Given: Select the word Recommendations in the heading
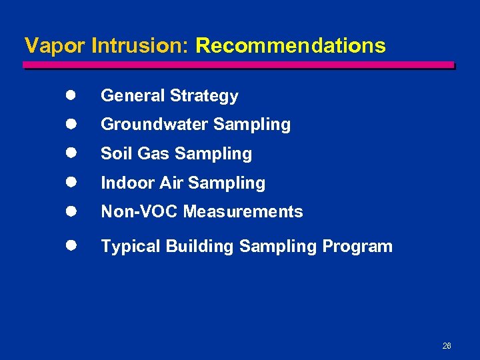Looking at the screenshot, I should [291, 45].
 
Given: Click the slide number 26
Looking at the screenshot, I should [447, 346].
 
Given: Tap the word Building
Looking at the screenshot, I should [200, 247].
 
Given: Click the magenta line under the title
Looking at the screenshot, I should [239, 65].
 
